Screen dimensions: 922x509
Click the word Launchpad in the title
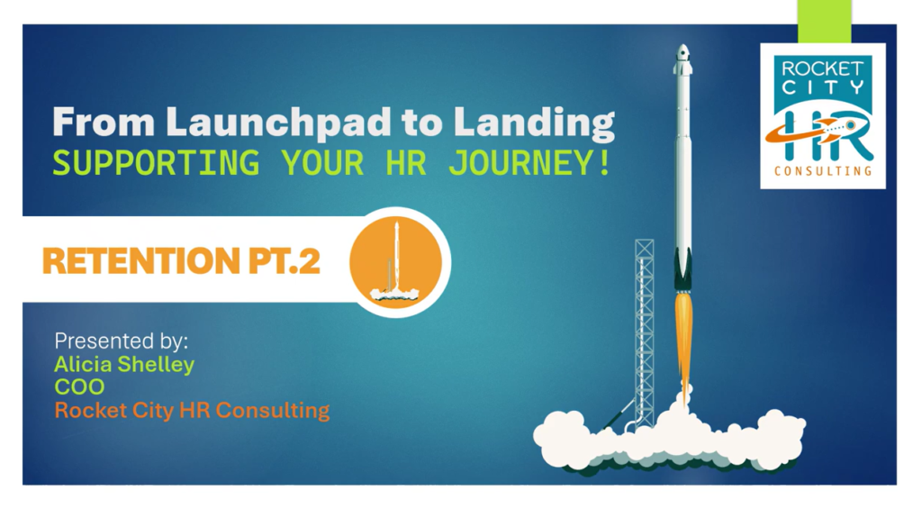pyautogui.click(x=279, y=122)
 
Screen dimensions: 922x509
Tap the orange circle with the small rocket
pyautogui.click(x=395, y=262)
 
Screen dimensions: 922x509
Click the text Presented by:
pyautogui.click(x=122, y=341)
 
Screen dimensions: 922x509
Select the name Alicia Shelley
pyautogui.click(x=124, y=364)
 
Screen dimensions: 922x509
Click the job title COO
pyautogui.click(x=79, y=387)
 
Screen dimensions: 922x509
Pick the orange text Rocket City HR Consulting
pyautogui.click(x=192, y=410)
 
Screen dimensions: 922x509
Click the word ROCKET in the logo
pyautogui.click(x=822, y=68)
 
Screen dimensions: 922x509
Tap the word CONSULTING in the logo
pyautogui.click(x=823, y=171)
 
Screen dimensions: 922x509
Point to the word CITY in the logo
pyautogui.click(x=822, y=87)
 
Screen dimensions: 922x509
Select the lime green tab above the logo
pyautogui.click(x=825, y=22)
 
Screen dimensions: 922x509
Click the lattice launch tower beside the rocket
pyautogui.click(x=645, y=332)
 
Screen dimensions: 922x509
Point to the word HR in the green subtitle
pyautogui.click(x=406, y=163)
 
